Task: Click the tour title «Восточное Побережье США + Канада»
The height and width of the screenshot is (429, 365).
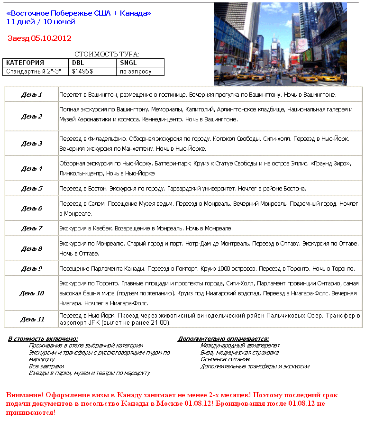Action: click(x=79, y=13)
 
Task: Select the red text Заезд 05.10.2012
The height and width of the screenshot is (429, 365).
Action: click(x=39, y=38)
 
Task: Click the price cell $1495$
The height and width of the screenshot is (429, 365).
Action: click(x=82, y=72)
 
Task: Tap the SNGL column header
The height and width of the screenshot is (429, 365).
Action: click(x=128, y=63)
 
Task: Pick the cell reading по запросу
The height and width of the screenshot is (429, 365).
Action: click(x=136, y=72)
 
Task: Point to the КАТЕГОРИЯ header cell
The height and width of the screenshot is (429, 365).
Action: click(x=25, y=63)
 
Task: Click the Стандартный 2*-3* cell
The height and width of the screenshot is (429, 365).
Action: click(x=34, y=72)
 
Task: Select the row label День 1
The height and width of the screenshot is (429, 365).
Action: click(x=31, y=95)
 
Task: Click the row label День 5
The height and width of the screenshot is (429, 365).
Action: click(x=31, y=189)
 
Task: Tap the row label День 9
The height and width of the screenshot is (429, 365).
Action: click(x=31, y=269)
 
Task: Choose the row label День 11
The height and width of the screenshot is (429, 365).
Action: click(x=31, y=319)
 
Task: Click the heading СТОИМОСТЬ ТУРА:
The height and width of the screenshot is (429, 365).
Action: click(x=107, y=55)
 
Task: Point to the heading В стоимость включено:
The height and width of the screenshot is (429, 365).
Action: click(x=43, y=339)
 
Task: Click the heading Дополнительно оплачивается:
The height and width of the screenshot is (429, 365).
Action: click(x=223, y=339)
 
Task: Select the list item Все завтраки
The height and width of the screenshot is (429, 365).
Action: click(x=46, y=366)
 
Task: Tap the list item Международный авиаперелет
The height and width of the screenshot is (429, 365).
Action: click(x=240, y=346)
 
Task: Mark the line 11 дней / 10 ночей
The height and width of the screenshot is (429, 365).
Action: click(x=41, y=22)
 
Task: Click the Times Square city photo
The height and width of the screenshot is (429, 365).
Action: click(x=280, y=44)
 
